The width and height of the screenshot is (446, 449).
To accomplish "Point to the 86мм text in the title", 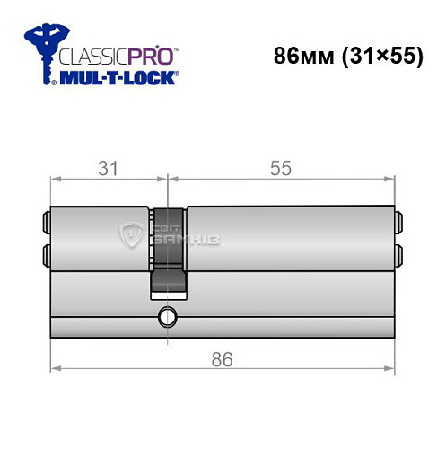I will pyautogui.click(x=301, y=55).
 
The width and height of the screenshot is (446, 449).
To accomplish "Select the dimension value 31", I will pyautogui.click(x=109, y=168).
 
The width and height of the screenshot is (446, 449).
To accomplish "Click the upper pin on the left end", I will pyautogui.click(x=45, y=219).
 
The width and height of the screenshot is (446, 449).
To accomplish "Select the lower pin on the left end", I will pyautogui.click(x=45, y=255).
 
